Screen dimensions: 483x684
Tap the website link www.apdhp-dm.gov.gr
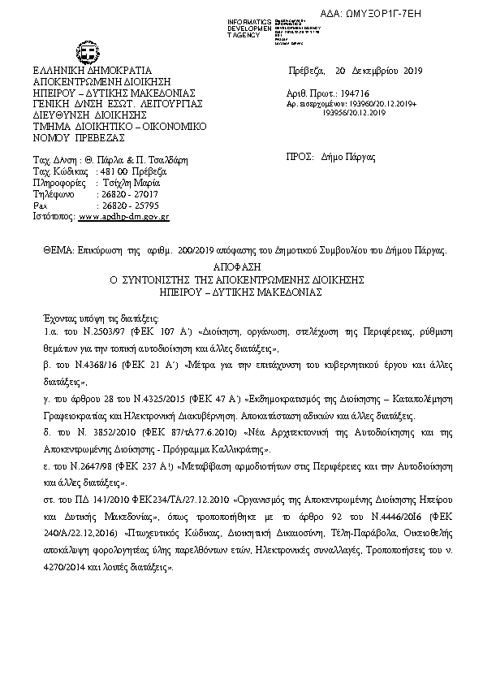(123, 218)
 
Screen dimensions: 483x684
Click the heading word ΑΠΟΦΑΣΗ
(241, 266)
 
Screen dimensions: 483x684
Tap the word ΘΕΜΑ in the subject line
(58, 253)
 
